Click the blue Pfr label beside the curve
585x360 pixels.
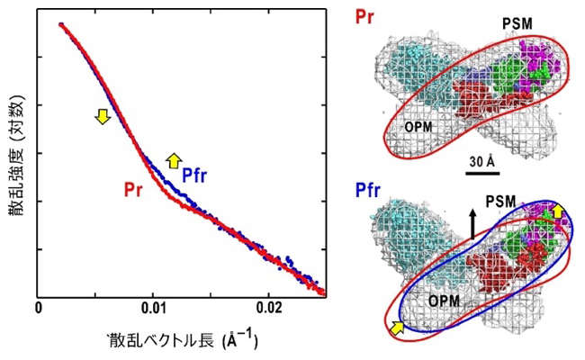pos(196,175)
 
